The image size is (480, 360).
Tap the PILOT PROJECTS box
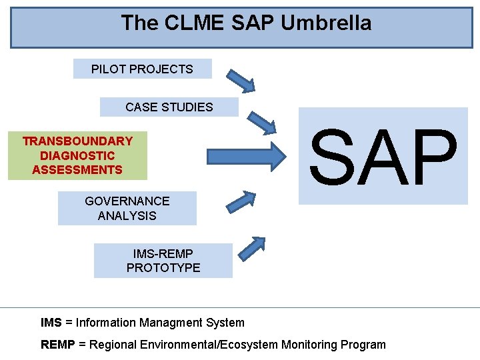coord(142,69)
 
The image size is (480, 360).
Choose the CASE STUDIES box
coord(169,107)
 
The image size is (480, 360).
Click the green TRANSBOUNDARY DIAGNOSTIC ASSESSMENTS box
coord(77,155)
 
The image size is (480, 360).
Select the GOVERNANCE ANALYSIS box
coord(127,208)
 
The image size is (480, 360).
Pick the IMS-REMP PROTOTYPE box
coord(163,261)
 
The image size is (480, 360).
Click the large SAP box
coord(383,156)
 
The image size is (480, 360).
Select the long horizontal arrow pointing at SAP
coord(247,156)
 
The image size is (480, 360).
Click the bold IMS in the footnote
coord(51,323)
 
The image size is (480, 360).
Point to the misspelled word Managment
coord(170,323)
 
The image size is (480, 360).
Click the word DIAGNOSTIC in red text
coord(77,155)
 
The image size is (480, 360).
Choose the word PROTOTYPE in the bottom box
coord(163,268)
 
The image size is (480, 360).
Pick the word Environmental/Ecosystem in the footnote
coord(213,345)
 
